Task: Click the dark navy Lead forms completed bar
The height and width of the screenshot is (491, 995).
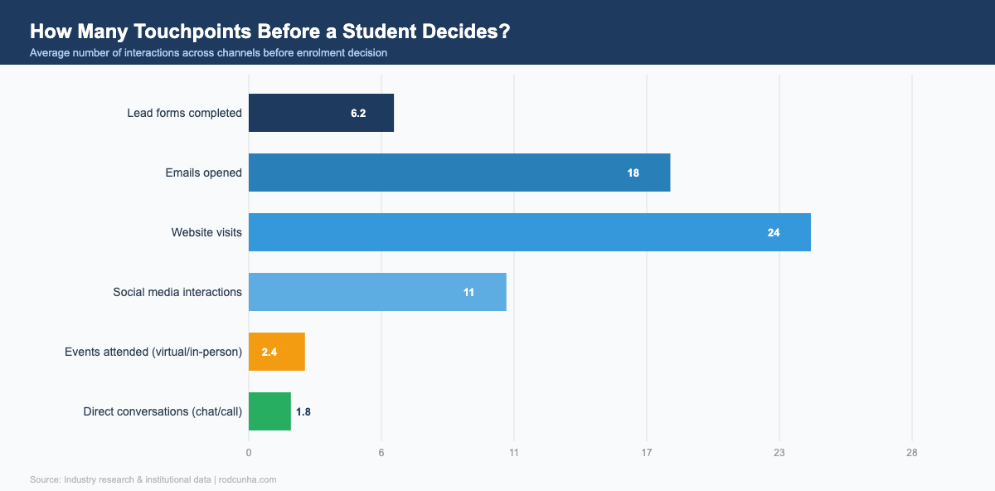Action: click(x=321, y=113)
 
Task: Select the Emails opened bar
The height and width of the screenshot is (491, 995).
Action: click(x=459, y=173)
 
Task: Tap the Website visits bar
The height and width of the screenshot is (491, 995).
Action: click(x=529, y=232)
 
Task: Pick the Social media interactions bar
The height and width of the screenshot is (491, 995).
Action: click(x=377, y=292)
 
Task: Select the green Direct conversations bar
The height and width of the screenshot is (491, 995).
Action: click(x=269, y=411)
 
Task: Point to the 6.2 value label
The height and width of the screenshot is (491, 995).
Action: click(x=358, y=113)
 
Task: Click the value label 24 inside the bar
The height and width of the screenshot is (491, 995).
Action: click(x=774, y=232)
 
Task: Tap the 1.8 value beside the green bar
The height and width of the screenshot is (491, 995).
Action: click(x=303, y=411)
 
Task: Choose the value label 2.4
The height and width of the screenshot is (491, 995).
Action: click(x=269, y=352)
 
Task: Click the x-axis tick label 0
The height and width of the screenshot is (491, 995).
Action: click(x=249, y=453)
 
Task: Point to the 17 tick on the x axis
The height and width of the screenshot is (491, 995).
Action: click(x=647, y=453)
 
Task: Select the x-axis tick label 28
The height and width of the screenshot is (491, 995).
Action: click(x=912, y=453)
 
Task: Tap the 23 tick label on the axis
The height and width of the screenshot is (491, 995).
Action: click(x=779, y=453)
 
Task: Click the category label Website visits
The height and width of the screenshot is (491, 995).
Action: click(x=206, y=232)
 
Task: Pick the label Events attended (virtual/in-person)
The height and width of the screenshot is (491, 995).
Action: click(x=153, y=352)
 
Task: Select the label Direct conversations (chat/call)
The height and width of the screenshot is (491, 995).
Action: click(x=163, y=411)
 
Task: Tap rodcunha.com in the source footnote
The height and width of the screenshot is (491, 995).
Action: click(x=247, y=479)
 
